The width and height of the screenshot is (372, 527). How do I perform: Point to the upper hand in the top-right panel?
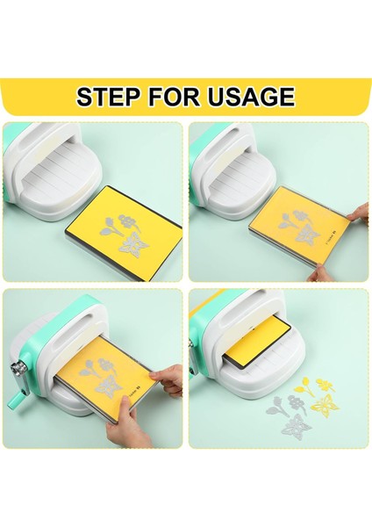point(356,214)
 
